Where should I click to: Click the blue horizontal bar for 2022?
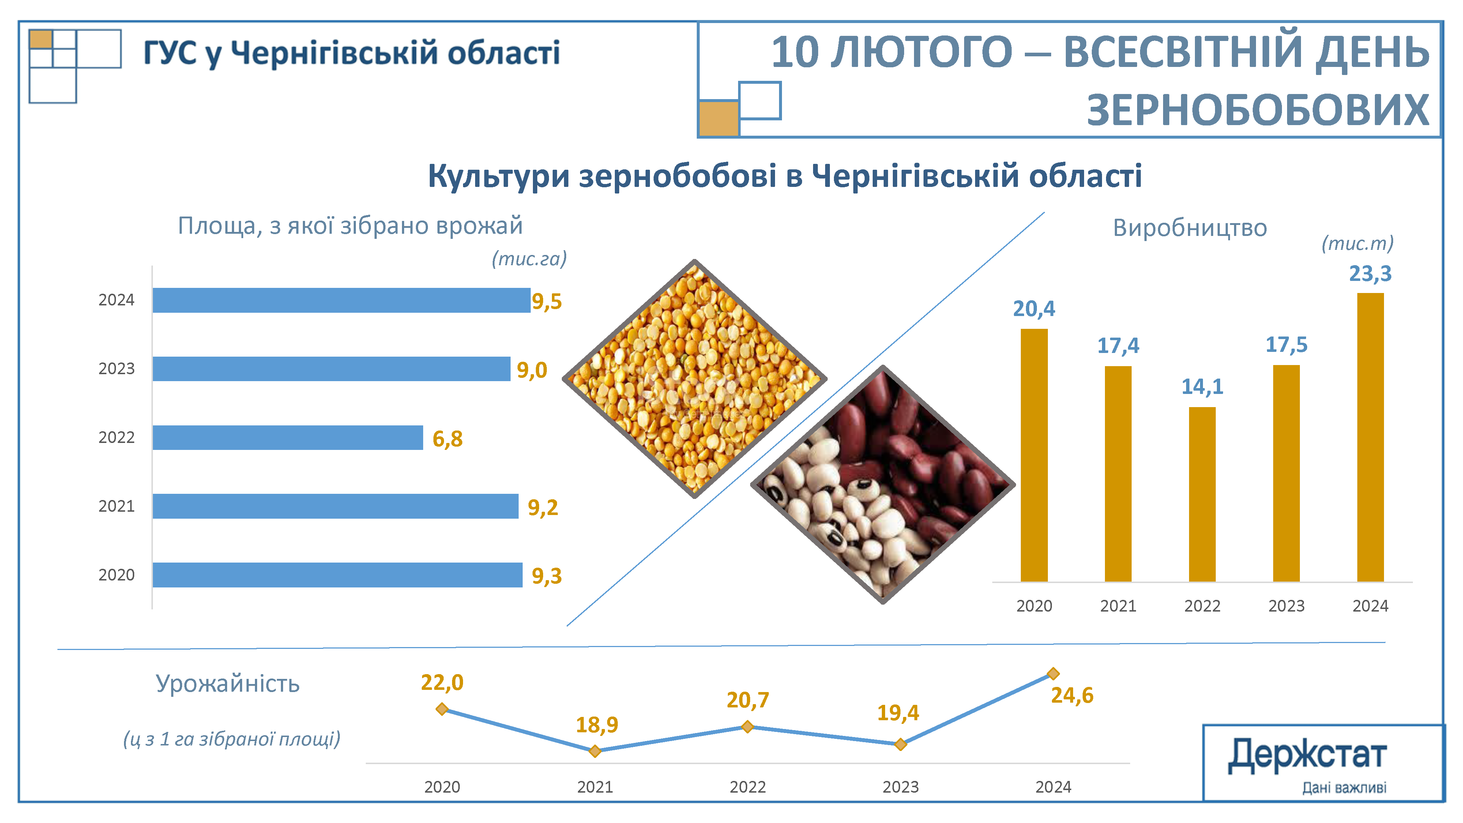point(287,437)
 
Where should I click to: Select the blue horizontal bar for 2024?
point(341,300)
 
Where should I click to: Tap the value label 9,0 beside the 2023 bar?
point(531,370)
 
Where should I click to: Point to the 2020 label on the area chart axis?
point(116,575)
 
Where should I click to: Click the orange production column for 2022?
point(1202,494)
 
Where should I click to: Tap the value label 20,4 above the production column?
point(1034,308)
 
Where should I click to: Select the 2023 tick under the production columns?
point(1286,606)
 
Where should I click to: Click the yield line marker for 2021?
point(595,751)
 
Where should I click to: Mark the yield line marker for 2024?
point(1053,674)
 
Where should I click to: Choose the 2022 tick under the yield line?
point(747,787)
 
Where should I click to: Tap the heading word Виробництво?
point(1189,228)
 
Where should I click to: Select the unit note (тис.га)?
point(529,259)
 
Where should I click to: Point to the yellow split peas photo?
point(694,379)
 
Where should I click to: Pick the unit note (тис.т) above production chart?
point(1357,243)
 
